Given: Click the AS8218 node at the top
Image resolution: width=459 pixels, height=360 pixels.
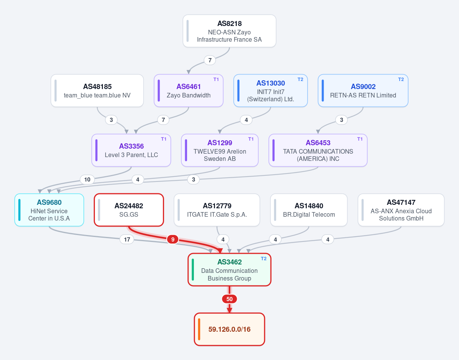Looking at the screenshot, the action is tap(229, 31).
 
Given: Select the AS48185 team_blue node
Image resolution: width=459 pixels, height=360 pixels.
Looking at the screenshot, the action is tap(97, 91).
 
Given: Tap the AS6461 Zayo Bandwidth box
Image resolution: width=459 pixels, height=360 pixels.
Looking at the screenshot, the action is tap(189, 91).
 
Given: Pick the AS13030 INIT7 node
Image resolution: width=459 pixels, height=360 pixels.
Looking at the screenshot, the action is tap(270, 91).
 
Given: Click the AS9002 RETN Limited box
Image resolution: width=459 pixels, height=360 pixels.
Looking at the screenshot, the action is tap(363, 91).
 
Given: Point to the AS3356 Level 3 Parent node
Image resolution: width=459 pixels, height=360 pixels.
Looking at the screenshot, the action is tap(131, 150).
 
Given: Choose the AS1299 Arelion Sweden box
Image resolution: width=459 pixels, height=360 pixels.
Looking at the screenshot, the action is tap(220, 150).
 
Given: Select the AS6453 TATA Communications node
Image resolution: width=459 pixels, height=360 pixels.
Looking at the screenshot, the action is tap(318, 150).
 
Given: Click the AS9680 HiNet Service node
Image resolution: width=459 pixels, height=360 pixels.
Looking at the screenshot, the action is tap(49, 210).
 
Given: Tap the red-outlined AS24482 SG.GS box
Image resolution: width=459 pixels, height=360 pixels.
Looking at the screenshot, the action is tap(129, 210).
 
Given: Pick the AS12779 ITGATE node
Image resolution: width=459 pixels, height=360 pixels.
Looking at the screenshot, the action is tap(217, 210).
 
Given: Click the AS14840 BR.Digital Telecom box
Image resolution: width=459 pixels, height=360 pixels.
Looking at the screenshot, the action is tap(309, 210).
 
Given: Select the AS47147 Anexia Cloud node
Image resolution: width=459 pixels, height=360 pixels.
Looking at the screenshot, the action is tap(401, 210).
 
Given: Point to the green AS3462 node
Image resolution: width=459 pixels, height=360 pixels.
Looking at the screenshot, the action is tap(229, 270).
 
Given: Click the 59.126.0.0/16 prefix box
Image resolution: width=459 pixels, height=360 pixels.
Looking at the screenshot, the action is tap(229, 329).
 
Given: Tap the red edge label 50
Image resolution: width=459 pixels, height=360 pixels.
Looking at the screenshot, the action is tap(229, 299).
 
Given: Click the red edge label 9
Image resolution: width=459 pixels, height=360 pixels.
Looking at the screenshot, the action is tap(173, 240).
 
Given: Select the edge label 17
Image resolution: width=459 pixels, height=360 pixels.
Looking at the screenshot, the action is tap(127, 240).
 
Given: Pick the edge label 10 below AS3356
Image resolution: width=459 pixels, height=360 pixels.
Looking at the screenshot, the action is tap(87, 180).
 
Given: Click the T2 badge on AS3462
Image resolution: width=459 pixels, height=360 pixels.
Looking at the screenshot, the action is tap(264, 259).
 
